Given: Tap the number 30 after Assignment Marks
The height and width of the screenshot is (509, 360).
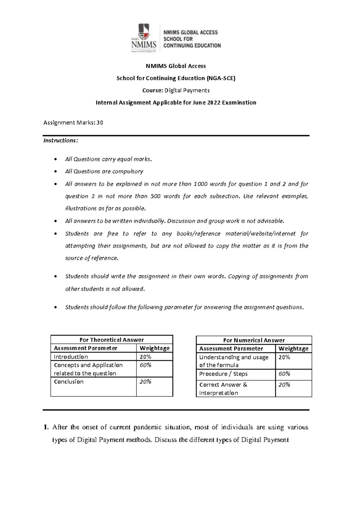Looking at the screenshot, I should (x=100, y=122).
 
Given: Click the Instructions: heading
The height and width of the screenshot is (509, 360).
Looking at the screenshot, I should (x=61, y=140).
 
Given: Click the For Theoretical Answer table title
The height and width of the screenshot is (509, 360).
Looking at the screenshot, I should (x=112, y=340).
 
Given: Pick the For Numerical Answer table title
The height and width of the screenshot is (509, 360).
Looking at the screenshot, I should (x=254, y=340).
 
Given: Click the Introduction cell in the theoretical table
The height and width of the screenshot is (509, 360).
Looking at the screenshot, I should (x=71, y=357).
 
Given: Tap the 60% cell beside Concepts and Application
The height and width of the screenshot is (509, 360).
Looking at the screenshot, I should (x=145, y=365).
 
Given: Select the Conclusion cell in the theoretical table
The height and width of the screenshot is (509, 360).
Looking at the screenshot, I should (x=69, y=381).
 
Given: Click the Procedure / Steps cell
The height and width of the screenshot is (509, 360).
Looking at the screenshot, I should (x=223, y=374).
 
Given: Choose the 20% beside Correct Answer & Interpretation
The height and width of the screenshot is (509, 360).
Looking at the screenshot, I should (x=284, y=385).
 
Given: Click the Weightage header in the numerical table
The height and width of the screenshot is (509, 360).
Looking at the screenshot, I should (x=293, y=348).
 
